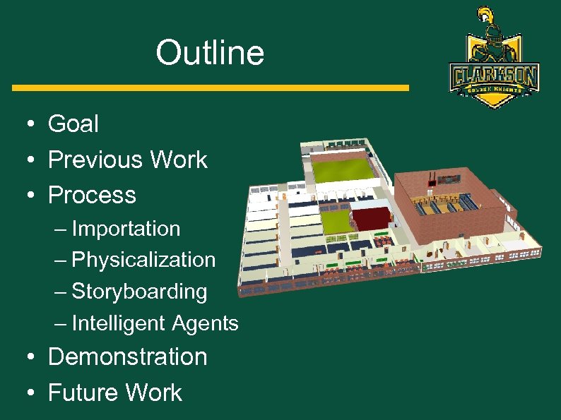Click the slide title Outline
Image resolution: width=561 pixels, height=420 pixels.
(210, 53)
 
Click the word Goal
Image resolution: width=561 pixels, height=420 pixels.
(73, 124)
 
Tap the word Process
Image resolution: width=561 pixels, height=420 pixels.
(92, 195)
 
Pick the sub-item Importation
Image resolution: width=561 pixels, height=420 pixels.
(126, 229)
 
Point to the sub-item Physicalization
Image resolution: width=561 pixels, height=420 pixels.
(143, 260)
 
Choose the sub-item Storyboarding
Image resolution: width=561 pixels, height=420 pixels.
(139, 292)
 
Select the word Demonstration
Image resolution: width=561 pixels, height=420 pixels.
(128, 356)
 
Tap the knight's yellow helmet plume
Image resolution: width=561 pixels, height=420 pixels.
(485, 14)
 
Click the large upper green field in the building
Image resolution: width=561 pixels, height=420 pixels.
(343, 170)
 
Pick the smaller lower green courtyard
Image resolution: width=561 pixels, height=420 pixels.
(338, 220)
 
